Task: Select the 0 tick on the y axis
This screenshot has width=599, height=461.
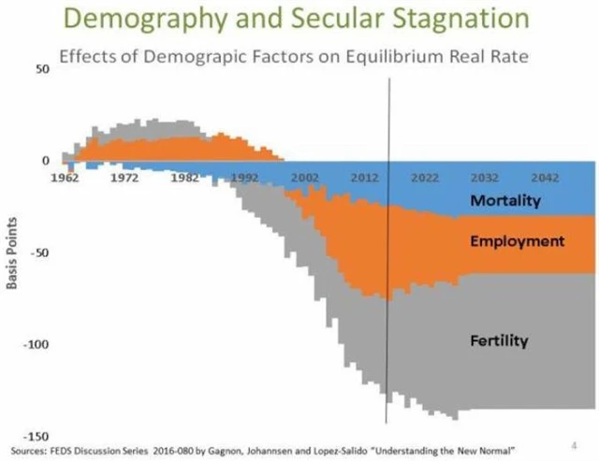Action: pos(43,161)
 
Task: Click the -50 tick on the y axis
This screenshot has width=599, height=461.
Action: pos(38,252)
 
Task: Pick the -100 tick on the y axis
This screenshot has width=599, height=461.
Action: pos(36,345)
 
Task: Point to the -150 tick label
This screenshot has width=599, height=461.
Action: pos(36,436)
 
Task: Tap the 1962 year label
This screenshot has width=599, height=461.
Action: pos(65,176)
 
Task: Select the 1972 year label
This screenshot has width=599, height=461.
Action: pos(124,176)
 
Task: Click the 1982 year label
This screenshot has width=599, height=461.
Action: pos(184,176)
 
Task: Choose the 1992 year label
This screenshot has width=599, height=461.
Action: pos(244,176)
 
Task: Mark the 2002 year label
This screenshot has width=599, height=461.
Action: pos(305,176)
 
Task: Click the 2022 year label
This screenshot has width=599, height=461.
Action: pos(425,176)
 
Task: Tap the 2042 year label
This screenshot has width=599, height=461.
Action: pos(545,176)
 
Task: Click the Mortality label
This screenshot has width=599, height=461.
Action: pos(505,200)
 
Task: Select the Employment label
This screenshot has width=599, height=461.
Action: pos(518,241)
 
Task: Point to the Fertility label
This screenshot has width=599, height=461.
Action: pos(498,340)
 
